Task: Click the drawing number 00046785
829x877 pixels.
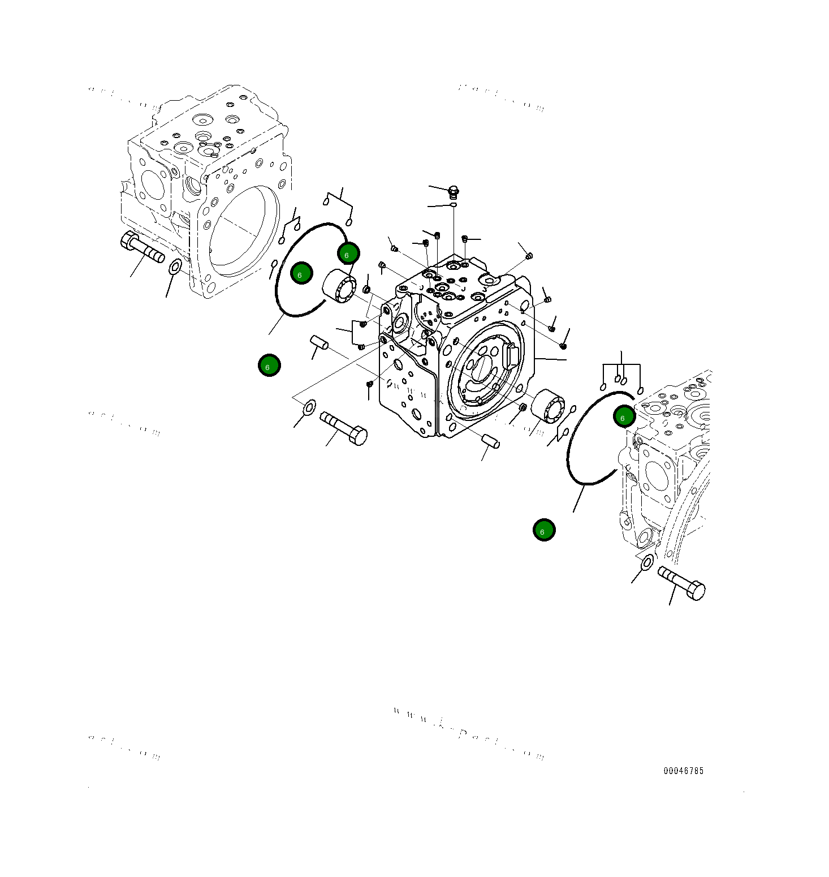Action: pyautogui.click(x=683, y=771)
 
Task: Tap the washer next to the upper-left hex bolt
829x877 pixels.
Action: pyautogui.click(x=175, y=266)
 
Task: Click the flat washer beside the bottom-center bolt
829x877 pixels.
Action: pyautogui.click(x=309, y=406)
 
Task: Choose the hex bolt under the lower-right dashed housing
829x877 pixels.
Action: pyautogui.click(x=681, y=583)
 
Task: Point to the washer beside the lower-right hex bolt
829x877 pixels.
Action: pyautogui.click(x=647, y=562)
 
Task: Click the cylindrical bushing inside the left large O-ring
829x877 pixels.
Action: pyautogui.click(x=339, y=286)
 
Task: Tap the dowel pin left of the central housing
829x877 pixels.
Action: pyautogui.click(x=319, y=342)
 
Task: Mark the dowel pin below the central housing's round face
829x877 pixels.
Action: pyautogui.click(x=490, y=441)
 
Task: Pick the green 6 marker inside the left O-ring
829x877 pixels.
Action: pyautogui.click(x=301, y=273)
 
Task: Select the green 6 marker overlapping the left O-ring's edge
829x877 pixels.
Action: pyautogui.click(x=348, y=253)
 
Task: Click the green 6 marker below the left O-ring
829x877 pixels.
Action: pyautogui.click(x=269, y=365)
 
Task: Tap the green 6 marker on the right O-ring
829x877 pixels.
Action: pyautogui.click(x=624, y=416)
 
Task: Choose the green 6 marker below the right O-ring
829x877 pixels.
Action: pyautogui.click(x=544, y=530)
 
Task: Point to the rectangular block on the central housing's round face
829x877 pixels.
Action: pyautogui.click(x=511, y=356)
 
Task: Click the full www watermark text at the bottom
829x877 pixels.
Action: pyautogui.click(x=469, y=733)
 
